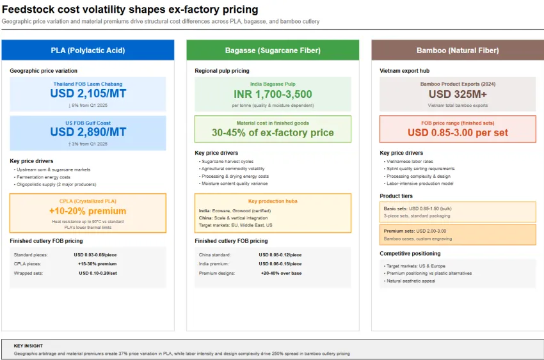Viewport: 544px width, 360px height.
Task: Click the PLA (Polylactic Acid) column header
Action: coord(88,51)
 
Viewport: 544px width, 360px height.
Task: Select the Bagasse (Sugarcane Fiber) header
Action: coord(273,51)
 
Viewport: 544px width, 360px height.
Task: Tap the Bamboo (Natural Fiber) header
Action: coord(457,51)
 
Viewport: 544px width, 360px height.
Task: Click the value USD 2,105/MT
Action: coord(88,93)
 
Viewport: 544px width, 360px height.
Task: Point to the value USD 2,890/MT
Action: coord(88,132)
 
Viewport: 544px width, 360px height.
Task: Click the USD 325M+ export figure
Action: coord(457,94)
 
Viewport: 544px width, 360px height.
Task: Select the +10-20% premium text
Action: coord(88,211)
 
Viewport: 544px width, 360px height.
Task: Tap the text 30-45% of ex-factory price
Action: coord(273,132)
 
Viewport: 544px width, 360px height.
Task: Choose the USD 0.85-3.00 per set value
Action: coord(457,132)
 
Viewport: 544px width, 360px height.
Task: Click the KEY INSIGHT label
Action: coord(29,345)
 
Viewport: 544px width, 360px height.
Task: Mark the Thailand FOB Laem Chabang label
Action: coord(88,84)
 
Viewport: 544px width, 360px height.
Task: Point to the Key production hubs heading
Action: coord(273,201)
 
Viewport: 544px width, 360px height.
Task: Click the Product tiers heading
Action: coord(396,196)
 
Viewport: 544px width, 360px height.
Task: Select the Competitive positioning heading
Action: coord(410,254)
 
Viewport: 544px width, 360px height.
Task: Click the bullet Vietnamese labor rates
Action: coord(408,162)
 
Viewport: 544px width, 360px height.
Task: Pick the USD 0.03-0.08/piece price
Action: coord(96,254)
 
